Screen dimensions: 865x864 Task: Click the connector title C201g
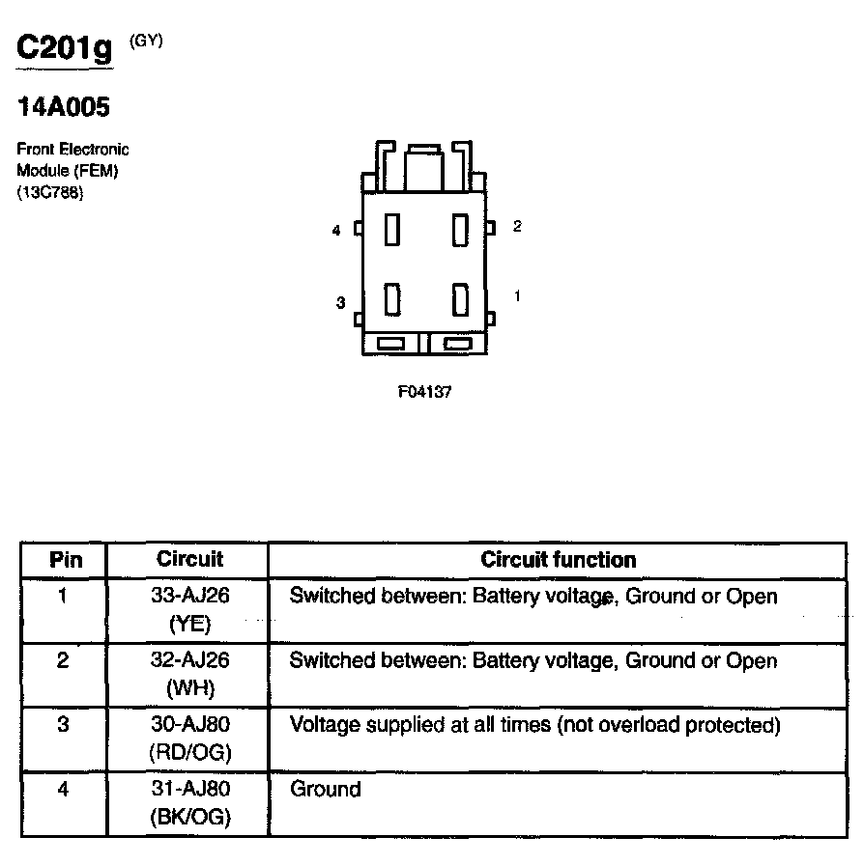(65, 49)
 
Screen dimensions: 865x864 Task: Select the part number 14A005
(64, 107)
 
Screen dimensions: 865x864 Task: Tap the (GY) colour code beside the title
(145, 40)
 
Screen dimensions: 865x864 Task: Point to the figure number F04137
(424, 393)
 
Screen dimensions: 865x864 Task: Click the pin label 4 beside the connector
(335, 231)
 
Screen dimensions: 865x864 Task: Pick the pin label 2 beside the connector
(517, 226)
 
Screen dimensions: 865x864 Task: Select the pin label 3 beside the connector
(340, 303)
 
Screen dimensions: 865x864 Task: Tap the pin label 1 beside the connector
(517, 296)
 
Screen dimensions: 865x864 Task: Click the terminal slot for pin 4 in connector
(392, 230)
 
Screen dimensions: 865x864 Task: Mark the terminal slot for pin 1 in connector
(460, 299)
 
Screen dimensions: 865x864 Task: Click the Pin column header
(66, 560)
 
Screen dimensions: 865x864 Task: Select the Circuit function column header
(558, 560)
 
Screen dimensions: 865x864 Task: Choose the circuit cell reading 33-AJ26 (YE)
(189, 609)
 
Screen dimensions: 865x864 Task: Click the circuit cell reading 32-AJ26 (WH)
(189, 674)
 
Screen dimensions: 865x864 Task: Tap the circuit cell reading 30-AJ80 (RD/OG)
(189, 738)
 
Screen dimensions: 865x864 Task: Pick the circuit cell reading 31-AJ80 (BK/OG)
(189, 802)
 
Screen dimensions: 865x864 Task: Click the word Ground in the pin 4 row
(326, 790)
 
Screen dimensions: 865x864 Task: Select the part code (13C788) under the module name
(50, 192)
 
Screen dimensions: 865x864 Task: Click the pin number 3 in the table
(64, 725)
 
